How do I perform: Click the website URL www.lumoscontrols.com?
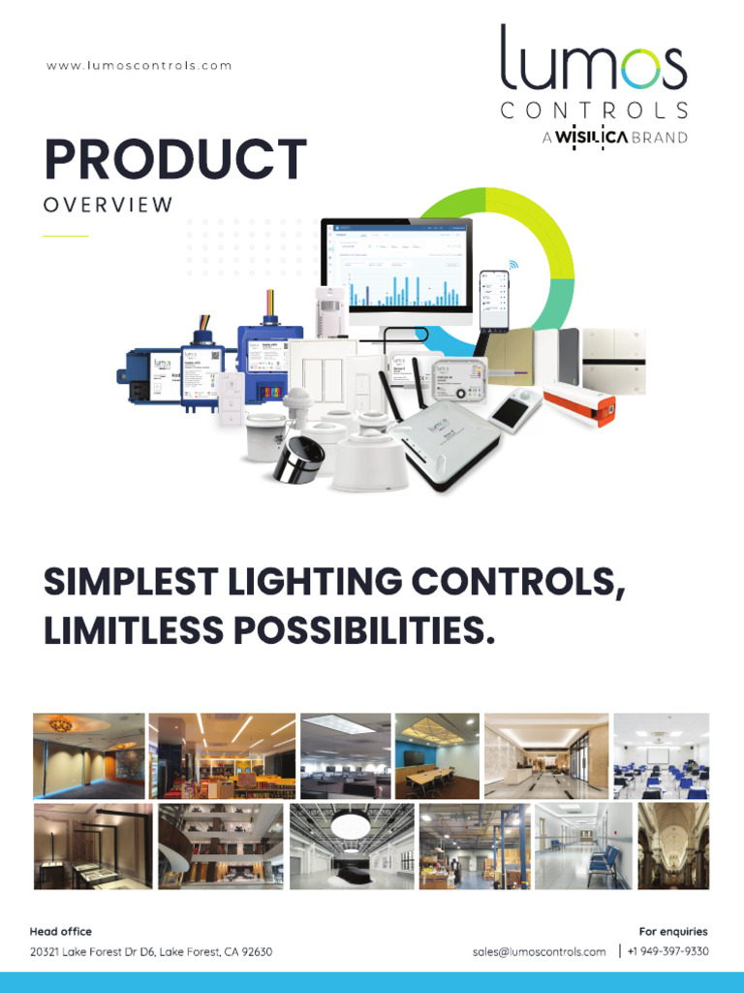(139, 66)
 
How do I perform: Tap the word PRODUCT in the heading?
(175, 161)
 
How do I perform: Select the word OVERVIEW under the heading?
(108, 206)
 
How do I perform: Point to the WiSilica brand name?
(591, 138)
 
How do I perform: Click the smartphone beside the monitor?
(493, 300)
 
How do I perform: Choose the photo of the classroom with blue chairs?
(662, 756)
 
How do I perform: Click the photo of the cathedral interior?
(673, 846)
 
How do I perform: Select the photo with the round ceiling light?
(351, 846)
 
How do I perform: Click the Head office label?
(61, 932)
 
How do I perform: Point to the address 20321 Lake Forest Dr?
(151, 952)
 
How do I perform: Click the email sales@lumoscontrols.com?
(540, 952)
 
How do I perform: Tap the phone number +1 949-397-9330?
(667, 952)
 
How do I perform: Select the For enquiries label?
(673, 932)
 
